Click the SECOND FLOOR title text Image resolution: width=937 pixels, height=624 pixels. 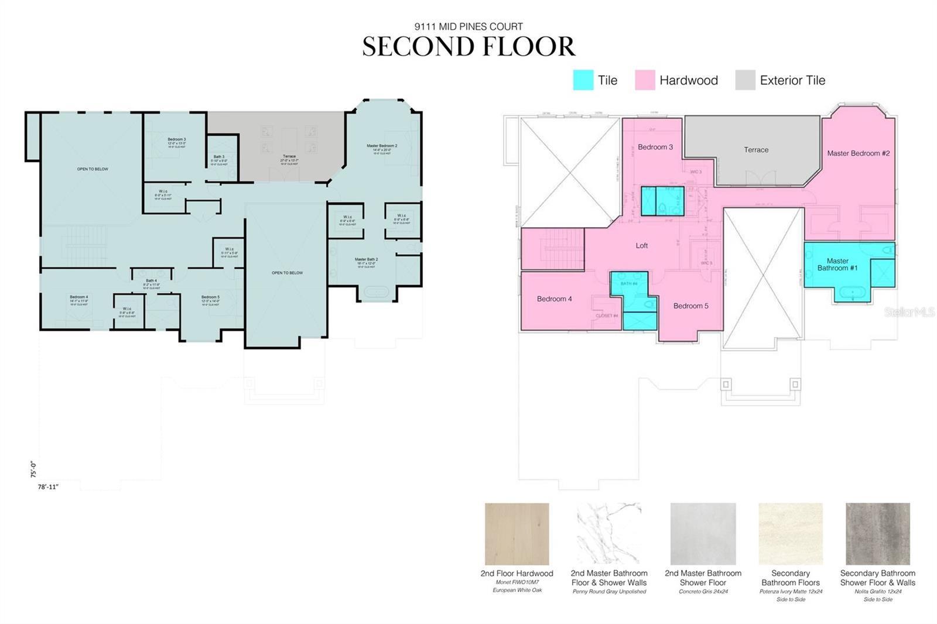(x=468, y=47)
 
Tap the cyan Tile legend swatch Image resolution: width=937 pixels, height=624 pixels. (x=583, y=80)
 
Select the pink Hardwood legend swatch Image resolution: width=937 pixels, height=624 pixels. (x=645, y=80)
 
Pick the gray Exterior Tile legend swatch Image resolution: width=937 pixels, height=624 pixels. (x=745, y=80)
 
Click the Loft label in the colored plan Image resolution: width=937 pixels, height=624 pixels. (x=642, y=246)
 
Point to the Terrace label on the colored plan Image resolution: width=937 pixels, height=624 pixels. (x=756, y=150)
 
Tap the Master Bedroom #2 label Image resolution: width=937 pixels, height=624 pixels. (x=858, y=153)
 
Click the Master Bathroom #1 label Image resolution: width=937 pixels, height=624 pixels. (x=837, y=265)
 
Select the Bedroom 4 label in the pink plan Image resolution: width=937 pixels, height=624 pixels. (x=554, y=299)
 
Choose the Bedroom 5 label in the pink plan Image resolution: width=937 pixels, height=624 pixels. (x=690, y=306)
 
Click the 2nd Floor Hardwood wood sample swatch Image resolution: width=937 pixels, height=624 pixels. (x=517, y=534)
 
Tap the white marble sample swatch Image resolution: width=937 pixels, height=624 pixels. (x=609, y=534)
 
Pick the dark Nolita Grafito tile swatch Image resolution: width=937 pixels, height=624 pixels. (x=877, y=534)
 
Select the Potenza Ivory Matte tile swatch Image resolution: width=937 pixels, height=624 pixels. (x=791, y=534)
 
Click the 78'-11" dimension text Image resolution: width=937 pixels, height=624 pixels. (x=49, y=486)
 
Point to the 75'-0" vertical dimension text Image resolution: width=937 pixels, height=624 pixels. (x=33, y=469)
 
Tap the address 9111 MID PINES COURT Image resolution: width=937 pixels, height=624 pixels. (x=468, y=26)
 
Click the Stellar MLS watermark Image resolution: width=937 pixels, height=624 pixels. (x=909, y=313)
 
